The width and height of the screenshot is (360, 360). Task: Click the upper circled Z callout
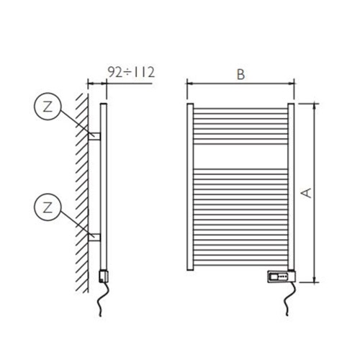[x=47, y=109]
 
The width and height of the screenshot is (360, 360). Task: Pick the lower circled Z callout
[x=47, y=209]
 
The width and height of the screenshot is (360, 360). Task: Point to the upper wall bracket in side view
[x=94, y=134]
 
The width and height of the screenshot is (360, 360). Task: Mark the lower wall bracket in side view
[x=94, y=234]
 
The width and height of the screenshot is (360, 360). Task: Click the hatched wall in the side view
[x=82, y=187]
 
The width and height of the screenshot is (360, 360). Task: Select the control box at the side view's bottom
[x=102, y=276]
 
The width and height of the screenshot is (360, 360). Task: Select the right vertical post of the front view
[x=292, y=187]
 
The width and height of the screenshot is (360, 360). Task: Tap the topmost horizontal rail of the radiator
[x=241, y=110]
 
